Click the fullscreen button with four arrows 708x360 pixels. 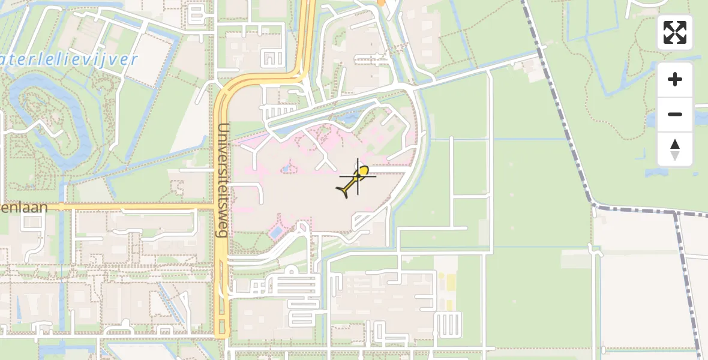[x=675, y=32]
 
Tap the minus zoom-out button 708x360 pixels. [x=675, y=115]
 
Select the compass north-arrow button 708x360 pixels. [x=675, y=149]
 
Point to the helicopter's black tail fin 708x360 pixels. [x=344, y=191]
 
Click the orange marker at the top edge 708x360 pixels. [x=380, y=2]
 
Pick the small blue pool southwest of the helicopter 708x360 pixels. [x=277, y=231]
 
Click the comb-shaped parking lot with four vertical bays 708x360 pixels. [x=448, y=325]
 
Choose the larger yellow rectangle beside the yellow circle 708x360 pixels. [x=449, y=281]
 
